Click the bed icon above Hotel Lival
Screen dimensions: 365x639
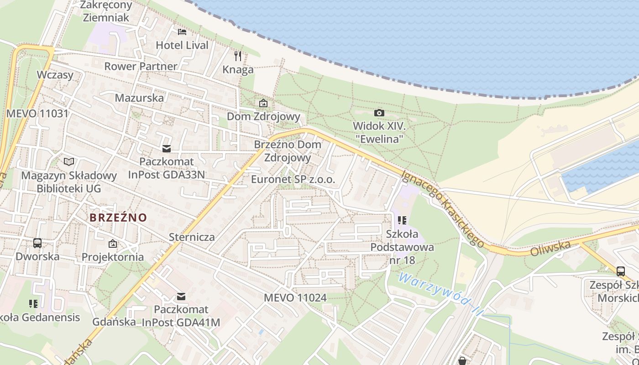(182, 32)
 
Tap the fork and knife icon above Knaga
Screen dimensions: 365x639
(238, 56)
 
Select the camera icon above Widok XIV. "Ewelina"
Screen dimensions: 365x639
(379, 113)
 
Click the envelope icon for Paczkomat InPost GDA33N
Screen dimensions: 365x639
(166, 148)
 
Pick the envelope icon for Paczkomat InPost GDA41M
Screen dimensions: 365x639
(181, 297)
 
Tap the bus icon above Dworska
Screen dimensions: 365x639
(37, 243)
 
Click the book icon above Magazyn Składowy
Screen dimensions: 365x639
(69, 162)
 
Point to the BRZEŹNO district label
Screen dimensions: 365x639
(118, 218)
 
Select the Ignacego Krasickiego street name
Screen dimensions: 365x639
(443, 209)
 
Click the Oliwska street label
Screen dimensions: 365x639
(550, 249)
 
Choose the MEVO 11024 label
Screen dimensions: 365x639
(295, 298)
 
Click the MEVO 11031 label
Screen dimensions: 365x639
(37, 114)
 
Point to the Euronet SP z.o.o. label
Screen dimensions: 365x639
(293, 180)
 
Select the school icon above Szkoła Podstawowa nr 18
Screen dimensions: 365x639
(402, 221)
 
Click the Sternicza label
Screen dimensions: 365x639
(192, 237)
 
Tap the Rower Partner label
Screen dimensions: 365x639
(141, 66)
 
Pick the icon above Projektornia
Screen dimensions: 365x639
(113, 244)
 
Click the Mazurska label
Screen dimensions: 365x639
(139, 98)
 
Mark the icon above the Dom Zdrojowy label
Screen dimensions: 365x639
(263, 104)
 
